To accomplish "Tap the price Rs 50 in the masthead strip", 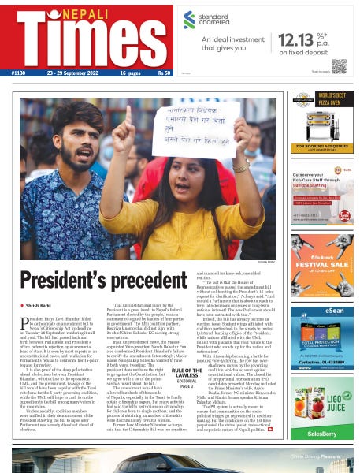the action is (x=163, y=73).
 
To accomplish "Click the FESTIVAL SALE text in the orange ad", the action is (x=321, y=263).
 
